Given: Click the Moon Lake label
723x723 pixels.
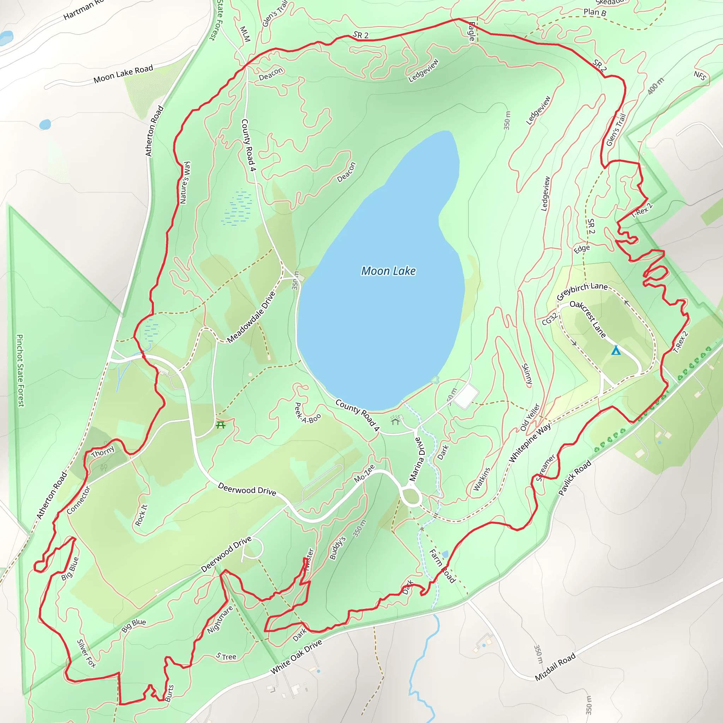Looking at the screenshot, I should (x=388, y=271).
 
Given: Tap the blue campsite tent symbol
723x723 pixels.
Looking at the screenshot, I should (x=616, y=350).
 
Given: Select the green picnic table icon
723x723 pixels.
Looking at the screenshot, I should (x=220, y=425).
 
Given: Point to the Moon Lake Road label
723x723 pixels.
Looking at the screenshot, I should (x=123, y=74).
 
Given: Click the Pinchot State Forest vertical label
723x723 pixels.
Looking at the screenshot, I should (x=20, y=370).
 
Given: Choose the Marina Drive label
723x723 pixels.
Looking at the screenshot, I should (x=417, y=459).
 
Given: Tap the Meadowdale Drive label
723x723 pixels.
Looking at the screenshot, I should (x=251, y=317).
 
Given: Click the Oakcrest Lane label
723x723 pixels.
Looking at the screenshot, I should (x=588, y=319).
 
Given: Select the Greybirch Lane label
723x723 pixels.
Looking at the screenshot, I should (x=582, y=291).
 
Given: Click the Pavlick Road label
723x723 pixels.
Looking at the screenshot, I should (x=574, y=478).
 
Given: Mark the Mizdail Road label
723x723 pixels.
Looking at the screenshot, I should (x=555, y=667).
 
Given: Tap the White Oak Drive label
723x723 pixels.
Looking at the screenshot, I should (x=297, y=657).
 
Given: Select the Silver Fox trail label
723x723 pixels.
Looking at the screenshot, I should (x=86, y=653).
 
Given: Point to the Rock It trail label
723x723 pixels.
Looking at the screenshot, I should (x=141, y=515).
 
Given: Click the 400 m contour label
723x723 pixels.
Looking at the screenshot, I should (x=656, y=86).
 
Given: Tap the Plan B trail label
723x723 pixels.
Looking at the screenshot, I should (x=594, y=12).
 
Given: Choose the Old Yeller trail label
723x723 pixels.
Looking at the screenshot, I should (x=530, y=417).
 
